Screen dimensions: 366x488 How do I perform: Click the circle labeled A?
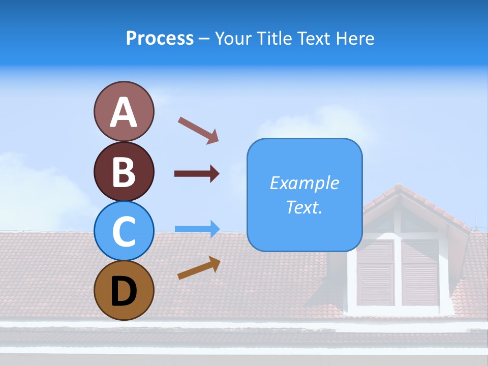124,112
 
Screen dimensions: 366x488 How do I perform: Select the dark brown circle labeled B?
124,171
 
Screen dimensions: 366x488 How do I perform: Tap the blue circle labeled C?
124,231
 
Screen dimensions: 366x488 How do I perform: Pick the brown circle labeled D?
124,291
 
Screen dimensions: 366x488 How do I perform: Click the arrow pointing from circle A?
198,130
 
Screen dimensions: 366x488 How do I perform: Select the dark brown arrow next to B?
197,174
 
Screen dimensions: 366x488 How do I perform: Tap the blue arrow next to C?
197,229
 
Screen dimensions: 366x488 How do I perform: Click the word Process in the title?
160,38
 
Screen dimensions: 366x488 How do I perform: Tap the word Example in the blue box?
304,183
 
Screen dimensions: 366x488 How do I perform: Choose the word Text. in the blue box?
304,207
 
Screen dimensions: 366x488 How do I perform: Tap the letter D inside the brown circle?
124,292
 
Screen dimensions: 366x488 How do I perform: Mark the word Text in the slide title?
313,38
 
